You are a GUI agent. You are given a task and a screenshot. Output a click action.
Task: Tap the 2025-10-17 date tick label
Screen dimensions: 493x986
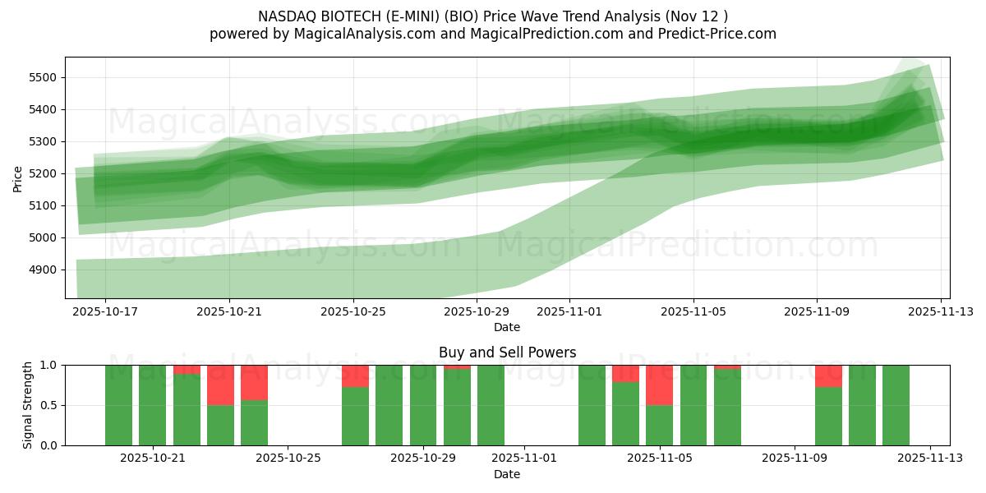click(105, 312)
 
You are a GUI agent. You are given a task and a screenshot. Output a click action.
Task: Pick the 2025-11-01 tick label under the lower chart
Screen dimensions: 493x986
click(524, 459)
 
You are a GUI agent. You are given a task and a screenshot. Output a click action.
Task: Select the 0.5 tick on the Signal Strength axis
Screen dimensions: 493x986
click(50, 405)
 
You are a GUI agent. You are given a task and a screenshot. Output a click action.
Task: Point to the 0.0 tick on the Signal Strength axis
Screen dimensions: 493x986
click(50, 445)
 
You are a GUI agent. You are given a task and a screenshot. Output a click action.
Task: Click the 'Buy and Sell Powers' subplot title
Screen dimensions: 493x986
click(507, 352)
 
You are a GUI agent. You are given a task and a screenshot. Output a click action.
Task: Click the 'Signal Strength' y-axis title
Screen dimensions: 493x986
click(27, 405)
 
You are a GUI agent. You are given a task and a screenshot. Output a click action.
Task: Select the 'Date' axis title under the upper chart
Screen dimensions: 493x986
click(507, 327)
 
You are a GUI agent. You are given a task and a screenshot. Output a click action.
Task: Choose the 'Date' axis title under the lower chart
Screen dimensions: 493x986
click(507, 474)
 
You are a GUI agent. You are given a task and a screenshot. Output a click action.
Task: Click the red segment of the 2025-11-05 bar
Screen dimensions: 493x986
click(659, 385)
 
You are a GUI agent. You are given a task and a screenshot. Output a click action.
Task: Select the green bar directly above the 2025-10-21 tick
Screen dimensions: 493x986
click(153, 405)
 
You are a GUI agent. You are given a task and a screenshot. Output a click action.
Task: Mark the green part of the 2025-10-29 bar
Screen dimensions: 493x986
click(423, 405)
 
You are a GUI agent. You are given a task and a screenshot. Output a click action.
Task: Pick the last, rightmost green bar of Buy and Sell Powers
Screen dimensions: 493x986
click(896, 405)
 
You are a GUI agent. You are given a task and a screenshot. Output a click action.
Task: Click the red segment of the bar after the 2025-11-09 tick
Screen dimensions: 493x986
click(828, 376)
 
